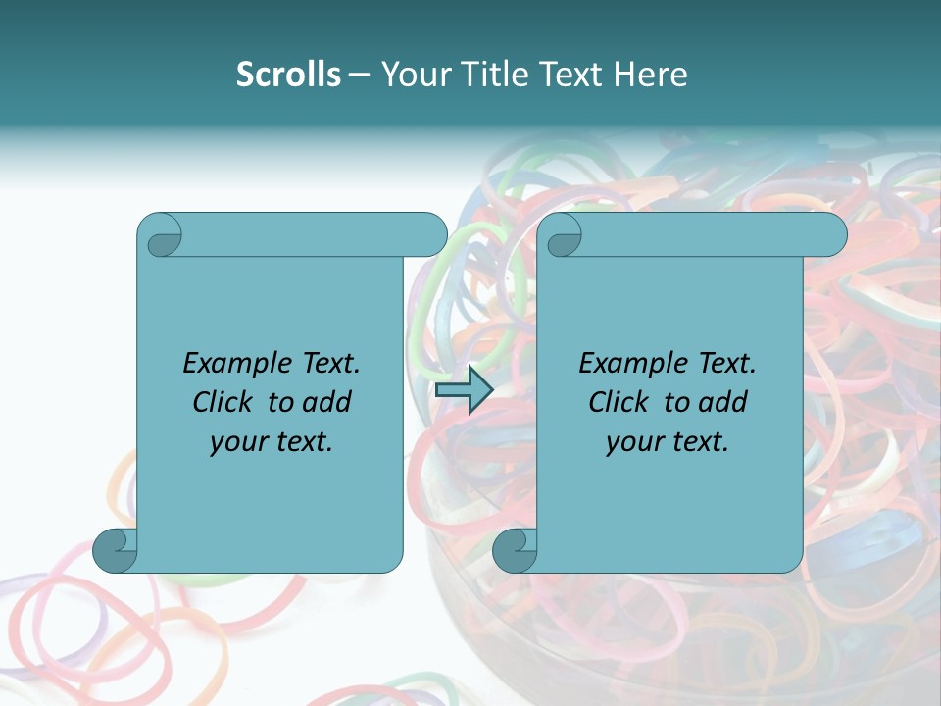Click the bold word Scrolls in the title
pyautogui.click(x=288, y=75)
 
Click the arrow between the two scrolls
pyautogui.click(x=464, y=390)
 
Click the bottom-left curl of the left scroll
pyautogui.click(x=116, y=550)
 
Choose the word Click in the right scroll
pyautogui.click(x=619, y=402)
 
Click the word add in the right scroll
pyautogui.click(x=722, y=402)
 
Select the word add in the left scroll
pyautogui.click(x=326, y=402)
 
